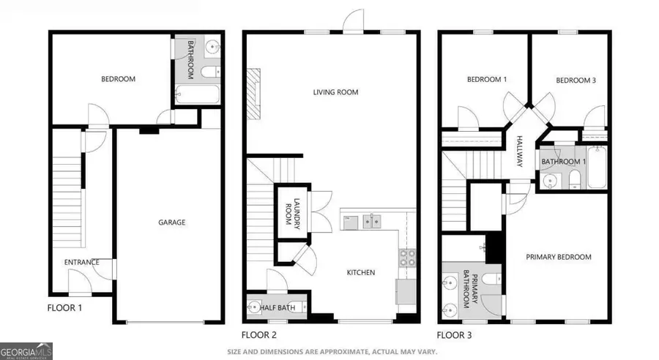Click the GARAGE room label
(173, 222)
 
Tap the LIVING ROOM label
(335, 92)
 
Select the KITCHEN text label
(360, 272)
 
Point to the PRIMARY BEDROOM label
(559, 257)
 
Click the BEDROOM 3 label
(576, 80)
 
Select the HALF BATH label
(278, 309)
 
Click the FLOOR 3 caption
(455, 335)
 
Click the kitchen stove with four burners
(406, 257)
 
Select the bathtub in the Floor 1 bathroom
(197, 94)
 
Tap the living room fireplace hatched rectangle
(254, 93)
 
